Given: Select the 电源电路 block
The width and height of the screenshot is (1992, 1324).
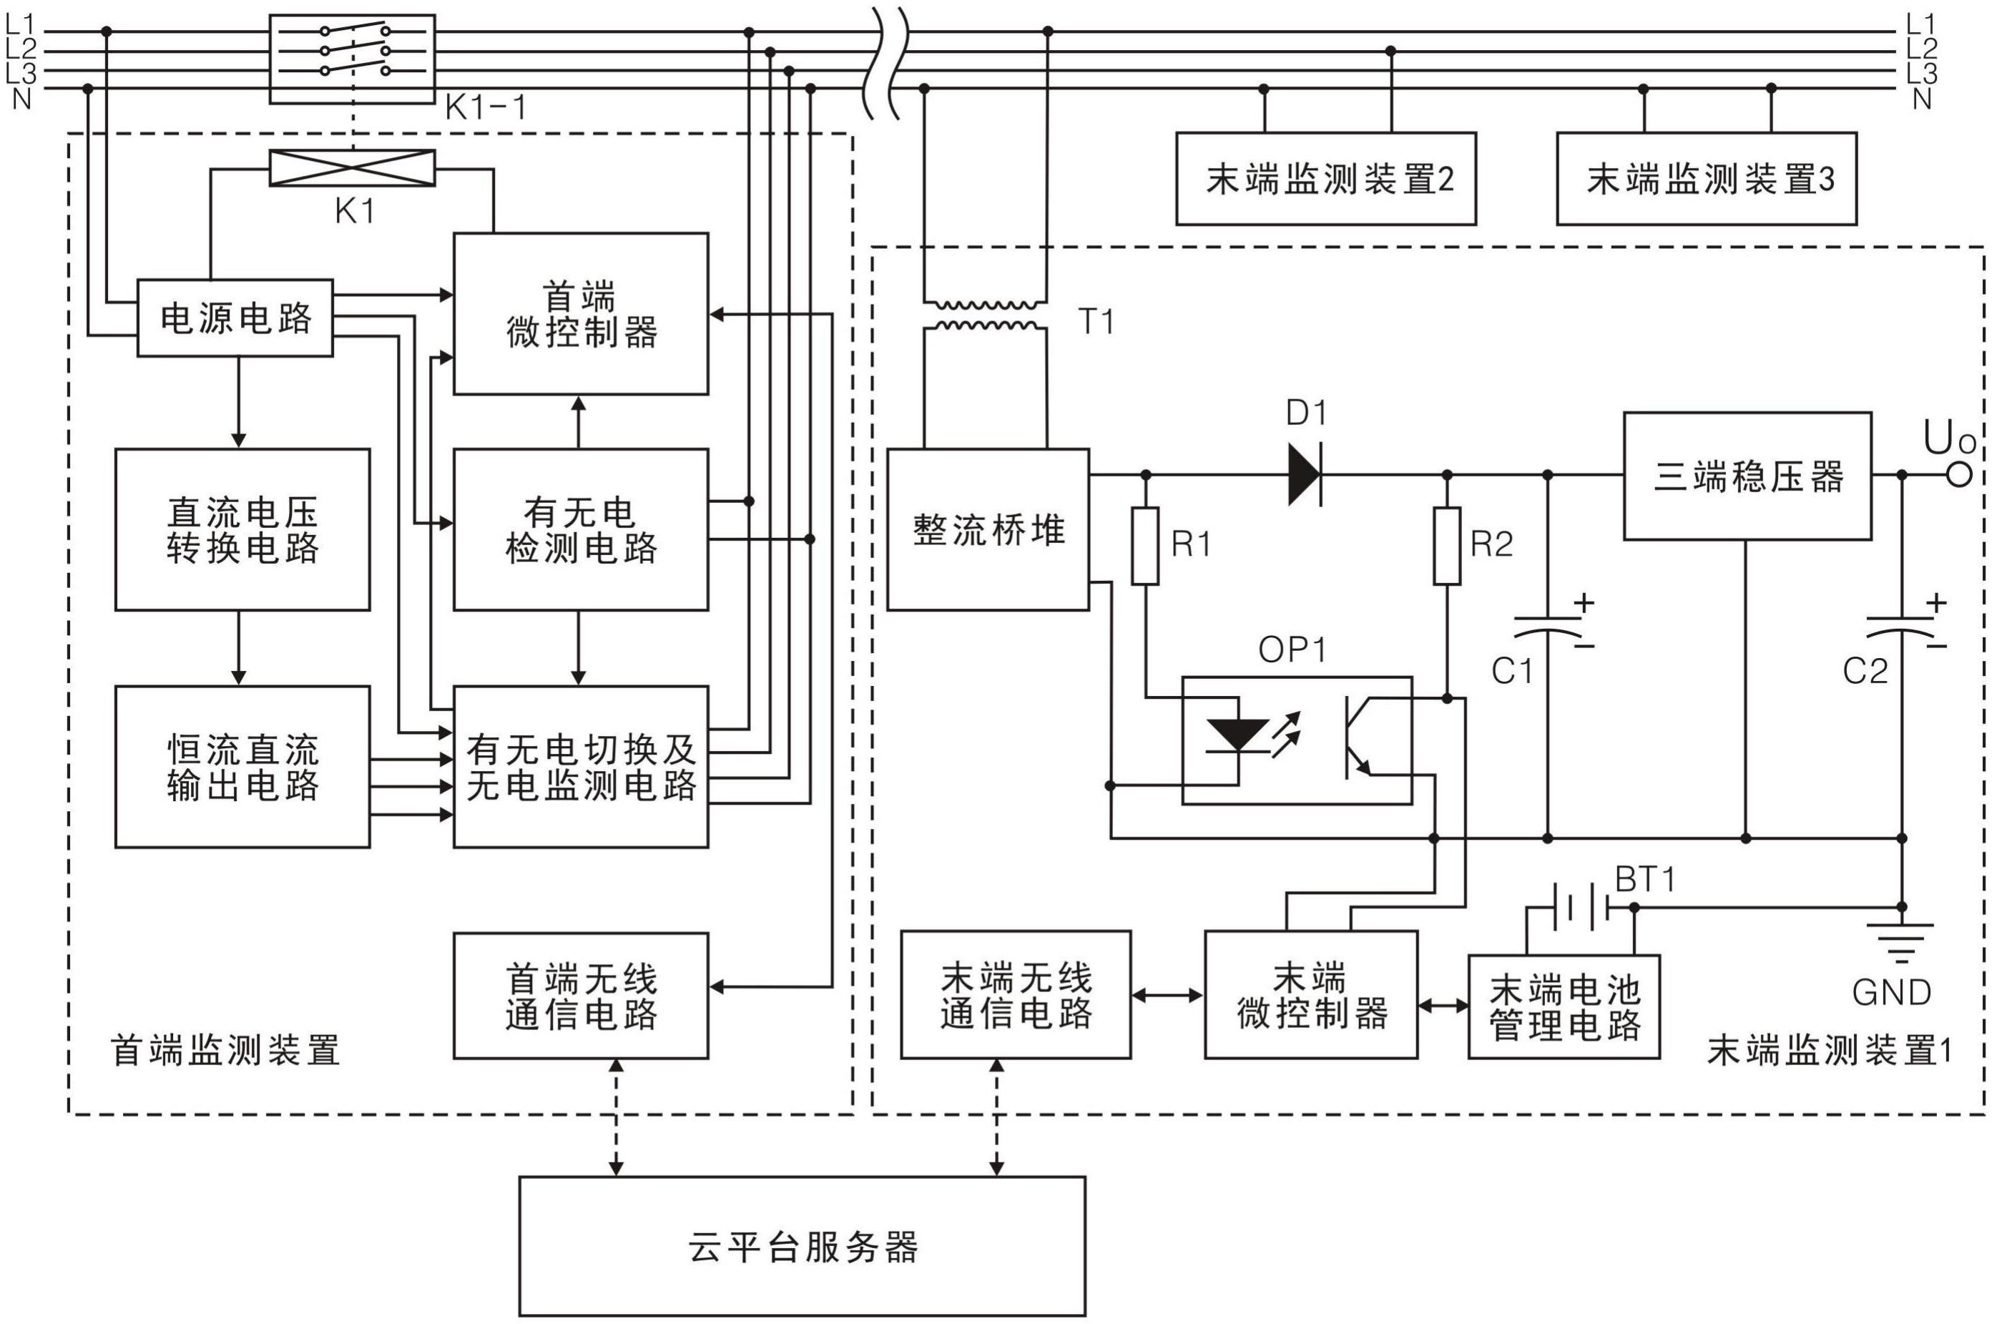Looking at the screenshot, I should coord(235,318).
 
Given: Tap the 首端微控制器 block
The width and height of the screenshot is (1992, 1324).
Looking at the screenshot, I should coord(581,313).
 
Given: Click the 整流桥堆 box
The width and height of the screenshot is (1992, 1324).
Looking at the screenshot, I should coord(987,529).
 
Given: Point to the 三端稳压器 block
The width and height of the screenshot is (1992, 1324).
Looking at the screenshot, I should coord(1747,476).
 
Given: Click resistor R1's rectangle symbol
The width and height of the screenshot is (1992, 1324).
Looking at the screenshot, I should coord(1145,546).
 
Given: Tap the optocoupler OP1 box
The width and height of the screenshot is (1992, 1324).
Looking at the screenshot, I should coord(1296,740).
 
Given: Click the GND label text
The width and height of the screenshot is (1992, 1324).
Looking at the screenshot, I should coord(1892,992).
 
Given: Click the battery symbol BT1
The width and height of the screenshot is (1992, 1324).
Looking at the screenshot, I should coord(1579,907).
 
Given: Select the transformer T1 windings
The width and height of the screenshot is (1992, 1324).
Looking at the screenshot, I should coord(985,315).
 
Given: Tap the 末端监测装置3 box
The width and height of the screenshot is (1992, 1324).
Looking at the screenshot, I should coord(1706,178).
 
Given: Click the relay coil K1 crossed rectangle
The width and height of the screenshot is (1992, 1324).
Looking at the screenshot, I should coord(352,168).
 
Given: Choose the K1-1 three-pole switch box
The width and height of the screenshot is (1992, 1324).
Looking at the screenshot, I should coord(352,59).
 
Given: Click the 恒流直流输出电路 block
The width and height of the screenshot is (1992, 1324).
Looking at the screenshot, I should coord(242,767).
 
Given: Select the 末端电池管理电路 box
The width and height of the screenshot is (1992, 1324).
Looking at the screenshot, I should coord(1564,1006).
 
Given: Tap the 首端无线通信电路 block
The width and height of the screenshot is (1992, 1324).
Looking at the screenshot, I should coord(581,996).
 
